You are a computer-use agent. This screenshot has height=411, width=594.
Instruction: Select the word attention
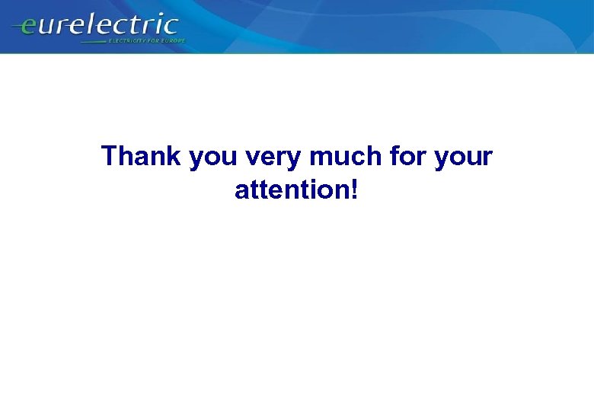[x=289, y=190]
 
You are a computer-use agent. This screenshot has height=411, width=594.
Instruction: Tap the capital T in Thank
[x=110, y=157]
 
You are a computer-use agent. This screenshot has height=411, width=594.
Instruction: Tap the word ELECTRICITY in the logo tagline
[x=128, y=40]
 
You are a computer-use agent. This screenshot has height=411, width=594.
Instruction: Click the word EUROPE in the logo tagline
[x=173, y=40]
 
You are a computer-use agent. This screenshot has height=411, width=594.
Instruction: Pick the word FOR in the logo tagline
[x=155, y=40]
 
